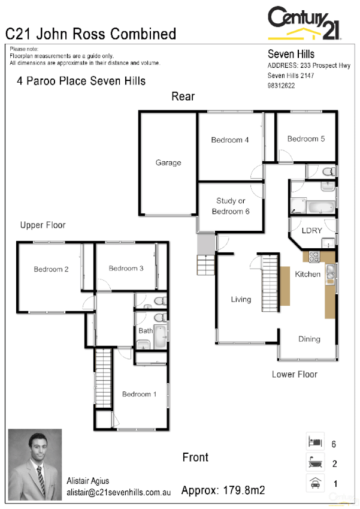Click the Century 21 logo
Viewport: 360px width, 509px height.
[x=305, y=24]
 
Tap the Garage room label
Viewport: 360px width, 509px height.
[x=168, y=162]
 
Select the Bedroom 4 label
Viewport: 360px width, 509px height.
[x=230, y=140]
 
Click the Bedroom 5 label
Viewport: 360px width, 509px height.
[x=306, y=139]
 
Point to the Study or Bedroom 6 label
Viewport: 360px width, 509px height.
[x=231, y=206]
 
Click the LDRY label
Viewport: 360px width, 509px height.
[x=311, y=230]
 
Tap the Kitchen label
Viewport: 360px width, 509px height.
[x=308, y=274]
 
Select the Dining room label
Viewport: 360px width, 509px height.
[x=310, y=339]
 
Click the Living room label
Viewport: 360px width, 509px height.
[x=241, y=299]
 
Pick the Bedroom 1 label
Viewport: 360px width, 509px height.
[x=140, y=394]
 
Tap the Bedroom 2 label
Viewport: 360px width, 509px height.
[x=51, y=269]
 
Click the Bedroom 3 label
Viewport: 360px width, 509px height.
[x=126, y=269]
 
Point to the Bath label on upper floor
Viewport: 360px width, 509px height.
[x=146, y=330]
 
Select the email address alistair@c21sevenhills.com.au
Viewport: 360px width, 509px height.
[x=119, y=492]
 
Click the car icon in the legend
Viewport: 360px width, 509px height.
[x=315, y=483]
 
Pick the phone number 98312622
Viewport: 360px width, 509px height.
[x=280, y=86]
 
